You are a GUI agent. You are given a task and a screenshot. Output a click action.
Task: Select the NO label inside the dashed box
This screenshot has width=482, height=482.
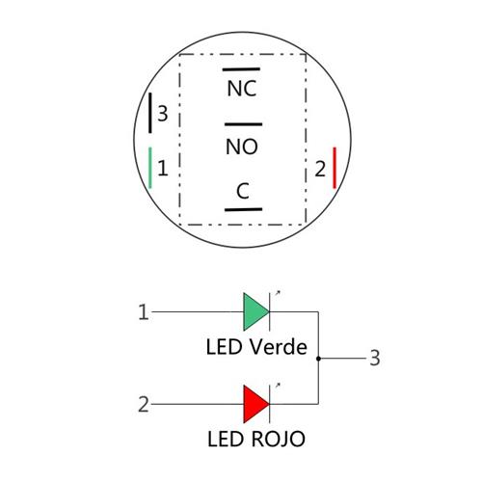(x=242, y=147)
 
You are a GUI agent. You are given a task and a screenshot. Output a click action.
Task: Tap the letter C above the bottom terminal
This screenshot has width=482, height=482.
(x=243, y=192)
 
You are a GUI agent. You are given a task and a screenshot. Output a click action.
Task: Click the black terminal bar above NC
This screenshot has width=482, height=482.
(x=242, y=69)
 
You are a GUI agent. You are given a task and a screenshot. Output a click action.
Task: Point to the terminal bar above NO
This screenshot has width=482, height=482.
(x=242, y=124)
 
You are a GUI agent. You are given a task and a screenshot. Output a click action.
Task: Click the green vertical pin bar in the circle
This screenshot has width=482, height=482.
(x=150, y=169)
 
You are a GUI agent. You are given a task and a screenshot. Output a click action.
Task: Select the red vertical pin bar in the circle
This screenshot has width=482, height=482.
(x=334, y=169)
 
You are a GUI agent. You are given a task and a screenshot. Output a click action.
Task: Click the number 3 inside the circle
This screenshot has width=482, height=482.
(x=163, y=114)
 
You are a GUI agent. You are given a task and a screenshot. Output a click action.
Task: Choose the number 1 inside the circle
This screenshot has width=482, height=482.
(x=163, y=169)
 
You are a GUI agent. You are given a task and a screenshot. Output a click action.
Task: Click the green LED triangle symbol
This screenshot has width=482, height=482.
(x=254, y=311)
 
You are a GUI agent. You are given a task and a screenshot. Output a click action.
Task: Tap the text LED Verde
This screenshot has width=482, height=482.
(x=255, y=346)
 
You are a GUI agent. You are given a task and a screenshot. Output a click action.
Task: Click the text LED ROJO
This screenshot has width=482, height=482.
(x=255, y=440)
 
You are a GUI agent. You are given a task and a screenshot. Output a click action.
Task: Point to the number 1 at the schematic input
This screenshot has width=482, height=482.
(x=144, y=312)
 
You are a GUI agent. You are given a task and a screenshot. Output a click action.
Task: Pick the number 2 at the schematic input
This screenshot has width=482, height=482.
(x=144, y=404)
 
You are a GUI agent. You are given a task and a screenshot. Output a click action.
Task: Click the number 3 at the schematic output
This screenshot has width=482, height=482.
(x=375, y=359)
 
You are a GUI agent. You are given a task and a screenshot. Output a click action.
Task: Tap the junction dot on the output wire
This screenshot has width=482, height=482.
(x=318, y=359)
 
